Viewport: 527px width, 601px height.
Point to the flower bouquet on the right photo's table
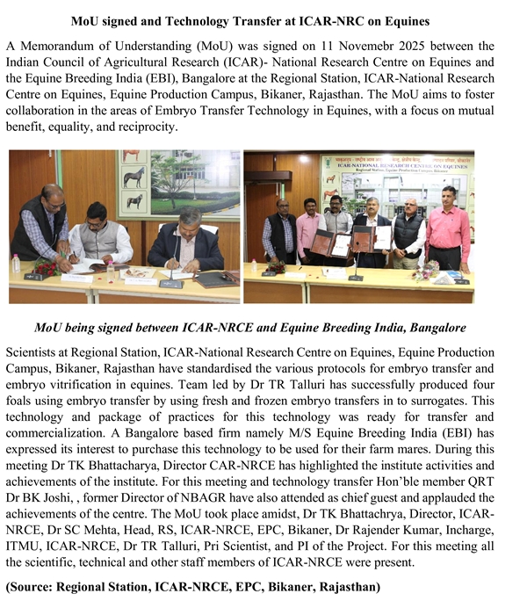(x=426, y=270)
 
